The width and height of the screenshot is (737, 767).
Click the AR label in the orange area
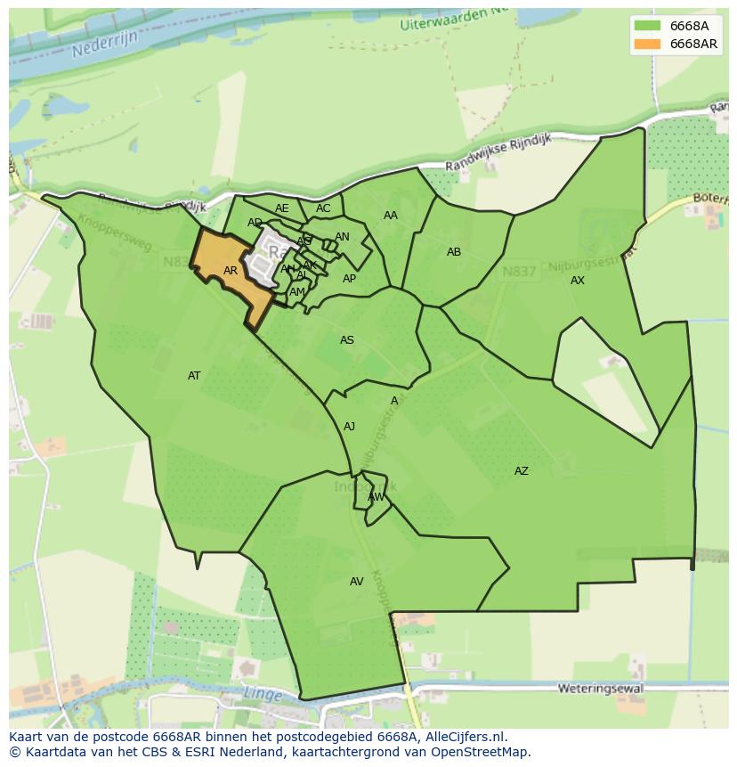coord(230,271)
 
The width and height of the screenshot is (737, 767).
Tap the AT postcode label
coord(194,376)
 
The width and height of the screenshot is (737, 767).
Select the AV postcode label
coord(356,582)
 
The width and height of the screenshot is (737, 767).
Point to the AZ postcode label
coord(521,471)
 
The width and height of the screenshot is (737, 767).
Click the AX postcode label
coord(578,281)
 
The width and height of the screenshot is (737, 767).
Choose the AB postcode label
coord(454,252)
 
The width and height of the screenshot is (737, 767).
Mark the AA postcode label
coord(391,216)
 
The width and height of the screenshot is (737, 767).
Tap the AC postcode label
coord(323,208)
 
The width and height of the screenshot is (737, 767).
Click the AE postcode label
coord(281,208)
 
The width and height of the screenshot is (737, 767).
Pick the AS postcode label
coord(347,340)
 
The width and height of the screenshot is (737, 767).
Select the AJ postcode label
coord(350,427)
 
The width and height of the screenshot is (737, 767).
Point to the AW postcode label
coord(377,497)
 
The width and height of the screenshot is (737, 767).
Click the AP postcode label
coord(350,279)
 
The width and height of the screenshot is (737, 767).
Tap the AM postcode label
coord(297,292)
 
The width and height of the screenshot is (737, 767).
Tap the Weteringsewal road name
coord(595,689)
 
